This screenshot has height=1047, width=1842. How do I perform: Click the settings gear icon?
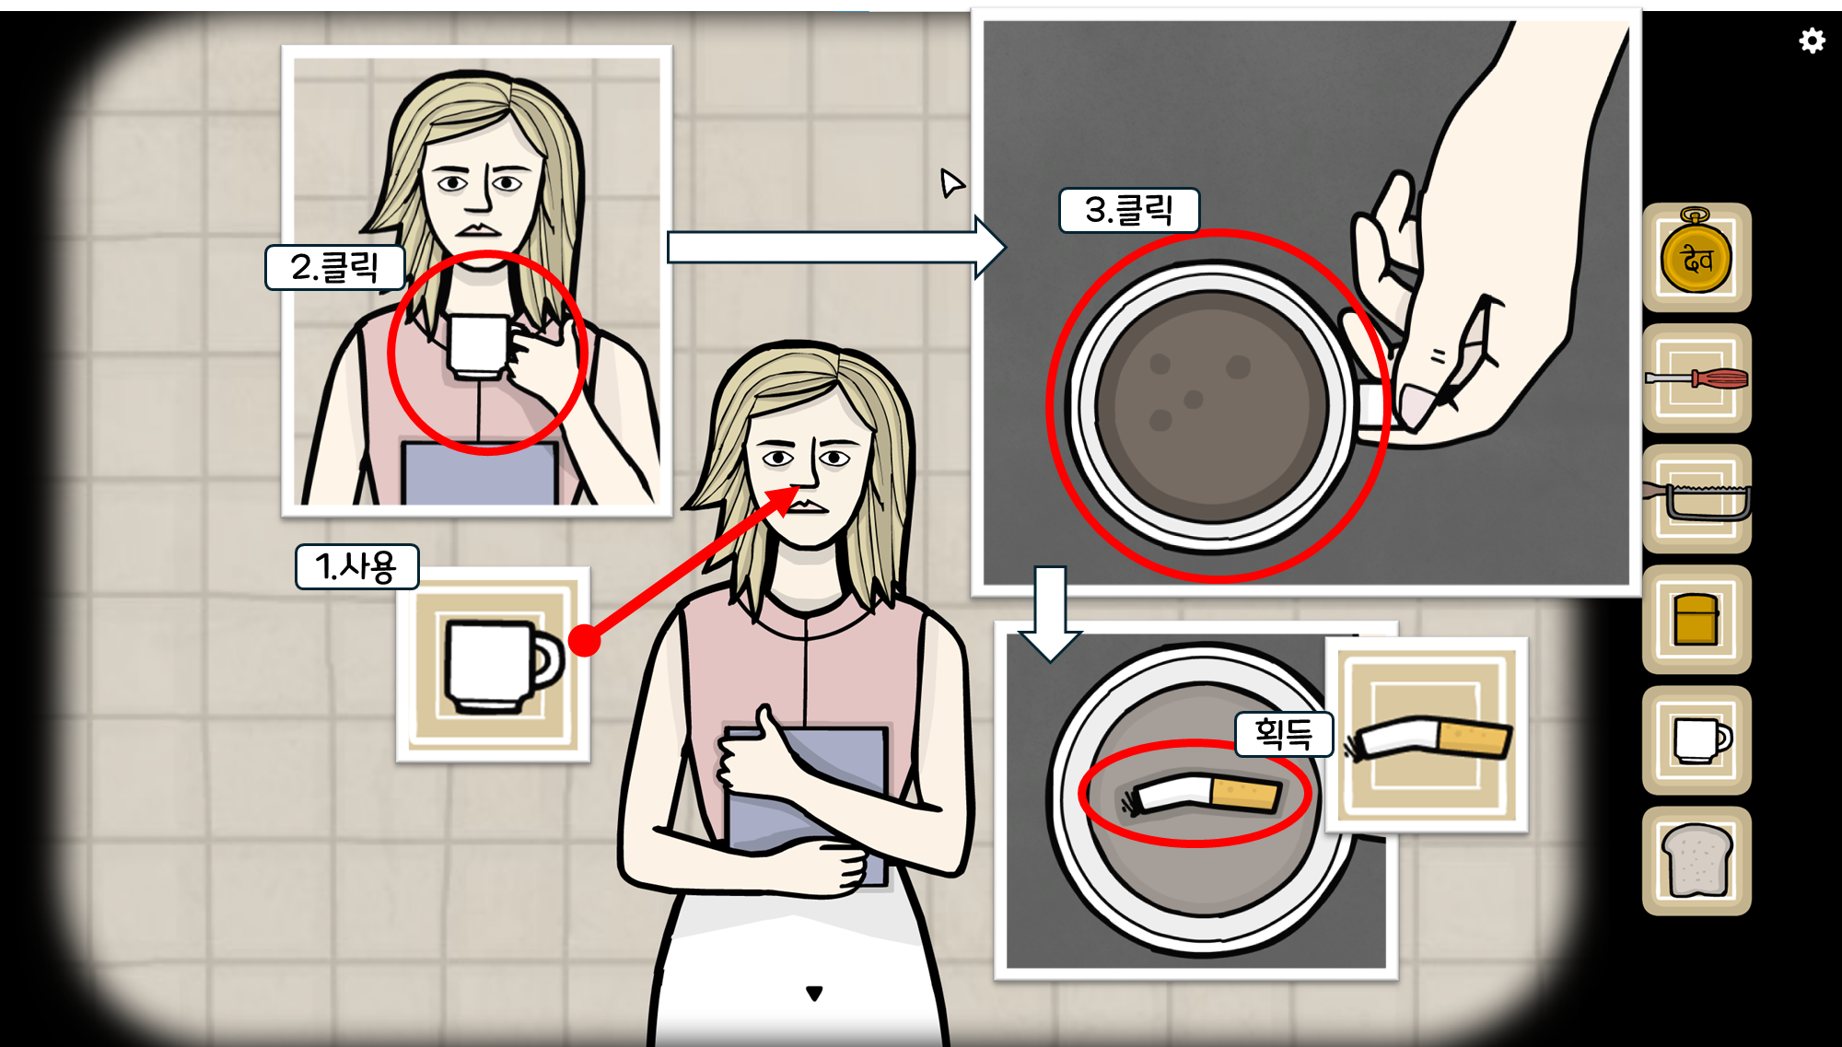coord(1812,41)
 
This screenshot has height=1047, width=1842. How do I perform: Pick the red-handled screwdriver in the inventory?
coord(1696,378)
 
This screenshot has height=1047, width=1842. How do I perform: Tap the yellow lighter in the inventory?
coord(1696,619)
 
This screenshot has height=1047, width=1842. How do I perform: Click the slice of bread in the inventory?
coord(1696,860)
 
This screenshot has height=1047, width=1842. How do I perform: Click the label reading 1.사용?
coord(356,566)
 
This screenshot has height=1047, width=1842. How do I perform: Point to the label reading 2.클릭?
coord(334,268)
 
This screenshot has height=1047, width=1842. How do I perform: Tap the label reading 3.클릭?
coord(1129,210)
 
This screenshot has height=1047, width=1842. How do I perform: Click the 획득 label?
coord(1283,734)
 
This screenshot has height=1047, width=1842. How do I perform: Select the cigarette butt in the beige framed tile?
coord(1428,738)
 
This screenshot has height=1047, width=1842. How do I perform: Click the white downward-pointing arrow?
coord(1050,613)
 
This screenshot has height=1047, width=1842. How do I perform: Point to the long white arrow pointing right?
coord(836,247)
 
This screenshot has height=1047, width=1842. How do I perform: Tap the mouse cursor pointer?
coord(950,182)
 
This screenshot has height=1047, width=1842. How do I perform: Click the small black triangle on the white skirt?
coord(814,993)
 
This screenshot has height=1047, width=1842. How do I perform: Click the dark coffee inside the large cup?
coord(1212,405)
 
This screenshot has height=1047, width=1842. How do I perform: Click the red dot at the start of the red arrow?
coord(584,640)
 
